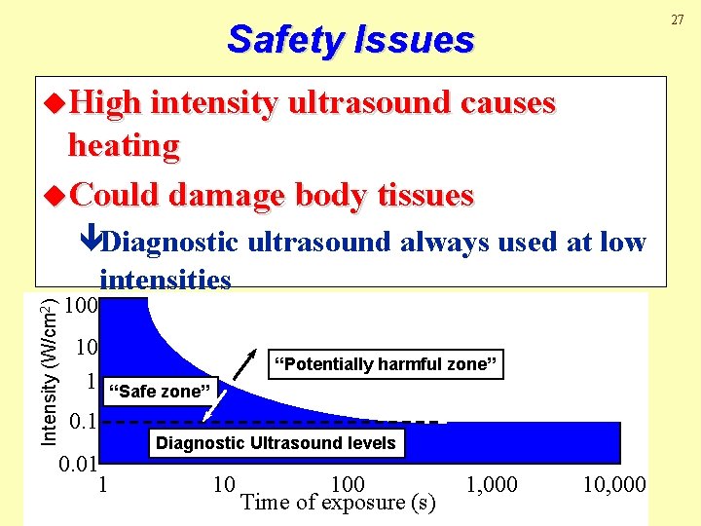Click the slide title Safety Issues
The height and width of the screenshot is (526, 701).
[x=350, y=40]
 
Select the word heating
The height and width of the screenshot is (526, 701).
[x=124, y=147]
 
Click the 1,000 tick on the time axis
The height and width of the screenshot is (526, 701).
[x=492, y=484]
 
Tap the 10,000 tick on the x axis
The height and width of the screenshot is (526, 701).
[x=614, y=484]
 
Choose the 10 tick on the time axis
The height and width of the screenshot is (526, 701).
[x=223, y=484]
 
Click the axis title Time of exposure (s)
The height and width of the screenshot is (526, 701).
[x=337, y=503]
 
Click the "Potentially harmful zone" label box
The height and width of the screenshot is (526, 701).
[x=387, y=364]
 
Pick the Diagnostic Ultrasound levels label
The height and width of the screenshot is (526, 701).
[x=276, y=443]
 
